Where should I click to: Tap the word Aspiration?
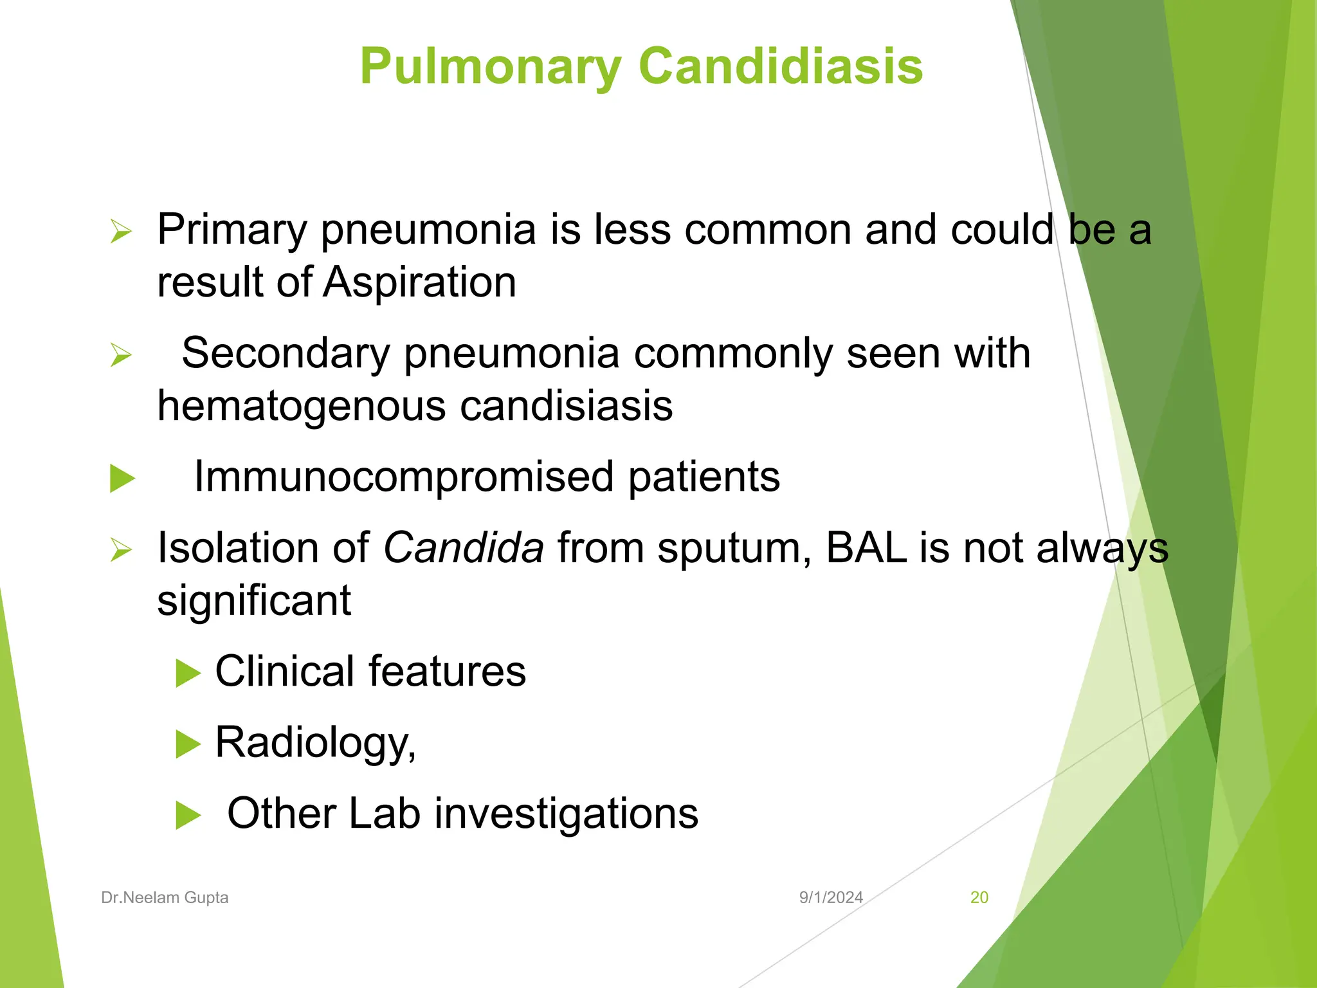(419, 282)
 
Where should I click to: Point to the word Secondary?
(286, 354)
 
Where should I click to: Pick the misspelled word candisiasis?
(567, 407)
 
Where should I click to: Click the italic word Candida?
(464, 548)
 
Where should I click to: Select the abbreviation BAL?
(866, 548)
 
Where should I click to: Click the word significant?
(254, 601)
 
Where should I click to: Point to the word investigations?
(567, 814)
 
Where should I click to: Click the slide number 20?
(979, 897)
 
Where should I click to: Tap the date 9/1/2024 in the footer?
(831, 897)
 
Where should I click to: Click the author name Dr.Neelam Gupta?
(165, 897)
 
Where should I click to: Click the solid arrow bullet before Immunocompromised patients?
(122, 479)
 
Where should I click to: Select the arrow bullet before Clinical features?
(188, 673)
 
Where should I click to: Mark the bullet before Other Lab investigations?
(188, 816)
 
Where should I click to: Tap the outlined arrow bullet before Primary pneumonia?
(121, 232)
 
